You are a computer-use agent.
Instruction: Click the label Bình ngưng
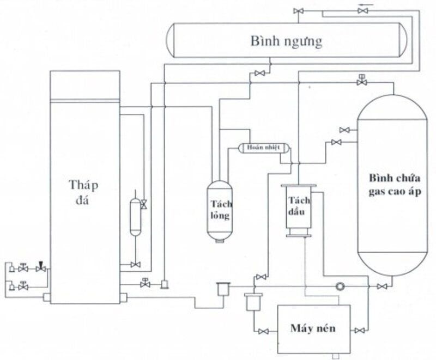pyautogui.click(x=287, y=41)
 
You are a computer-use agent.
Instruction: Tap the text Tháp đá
pyautogui.click(x=83, y=192)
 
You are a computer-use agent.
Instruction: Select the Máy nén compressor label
pyautogui.click(x=313, y=328)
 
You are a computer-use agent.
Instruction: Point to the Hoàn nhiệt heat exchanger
pyautogui.click(x=264, y=147)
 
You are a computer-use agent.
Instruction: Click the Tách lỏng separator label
pyautogui.click(x=221, y=210)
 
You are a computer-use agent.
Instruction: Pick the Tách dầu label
pyautogui.click(x=299, y=206)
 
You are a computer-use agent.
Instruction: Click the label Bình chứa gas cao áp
pyautogui.click(x=395, y=185)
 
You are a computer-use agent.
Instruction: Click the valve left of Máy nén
pyautogui.click(x=263, y=331)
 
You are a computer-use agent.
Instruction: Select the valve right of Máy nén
pyautogui.click(x=360, y=331)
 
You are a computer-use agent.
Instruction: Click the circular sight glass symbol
pyautogui.click(x=340, y=286)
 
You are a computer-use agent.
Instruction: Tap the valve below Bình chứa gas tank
pyautogui.click(x=382, y=286)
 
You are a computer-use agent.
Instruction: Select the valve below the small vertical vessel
pyautogui.click(x=135, y=265)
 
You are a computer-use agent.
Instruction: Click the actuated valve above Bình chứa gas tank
pyautogui.click(x=362, y=81)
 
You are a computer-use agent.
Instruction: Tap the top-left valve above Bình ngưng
pyautogui.click(x=298, y=11)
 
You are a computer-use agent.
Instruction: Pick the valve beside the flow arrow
pyautogui.click(x=362, y=11)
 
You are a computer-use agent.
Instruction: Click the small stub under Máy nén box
pyautogui.click(x=336, y=356)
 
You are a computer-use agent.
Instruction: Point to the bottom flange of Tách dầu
pyautogui.click(x=298, y=236)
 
